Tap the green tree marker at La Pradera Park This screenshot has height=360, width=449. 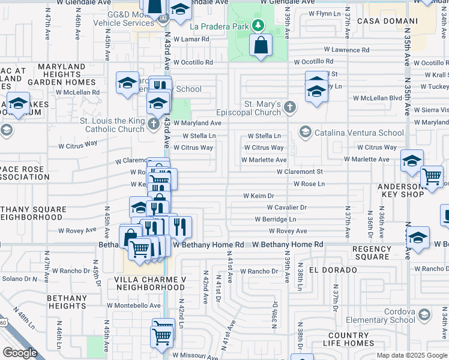tap(258, 25)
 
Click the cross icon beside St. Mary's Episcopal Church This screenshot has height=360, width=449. tap(290, 107)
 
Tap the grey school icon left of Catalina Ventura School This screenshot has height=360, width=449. tap(305, 132)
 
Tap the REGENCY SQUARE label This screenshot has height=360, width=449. tap(372, 253)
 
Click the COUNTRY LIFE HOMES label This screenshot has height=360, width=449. tap(357, 340)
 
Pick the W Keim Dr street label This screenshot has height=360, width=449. tap(258, 196)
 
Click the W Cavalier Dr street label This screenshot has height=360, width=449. tap(286, 208)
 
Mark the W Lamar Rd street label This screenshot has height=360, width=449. tap(191, 39)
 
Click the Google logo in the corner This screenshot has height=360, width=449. tap(20, 352)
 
